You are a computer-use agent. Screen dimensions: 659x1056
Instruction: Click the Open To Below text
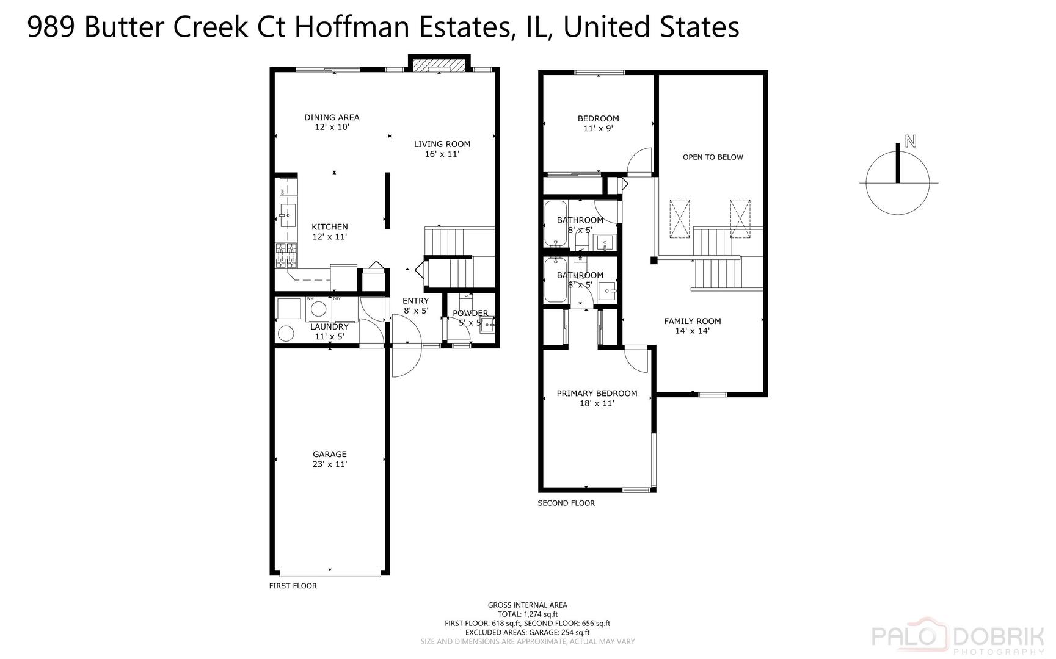(713, 157)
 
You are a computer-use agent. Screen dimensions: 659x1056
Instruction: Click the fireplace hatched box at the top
(439, 65)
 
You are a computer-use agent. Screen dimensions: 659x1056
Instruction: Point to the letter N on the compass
(910, 142)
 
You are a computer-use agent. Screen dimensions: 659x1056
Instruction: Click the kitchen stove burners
(286, 256)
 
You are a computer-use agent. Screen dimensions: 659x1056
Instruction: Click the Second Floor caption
(566, 503)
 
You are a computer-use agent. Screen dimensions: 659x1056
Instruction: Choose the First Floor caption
(293, 586)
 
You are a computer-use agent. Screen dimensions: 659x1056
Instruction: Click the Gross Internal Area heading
(527, 605)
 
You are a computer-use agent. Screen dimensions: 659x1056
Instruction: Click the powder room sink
(487, 325)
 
